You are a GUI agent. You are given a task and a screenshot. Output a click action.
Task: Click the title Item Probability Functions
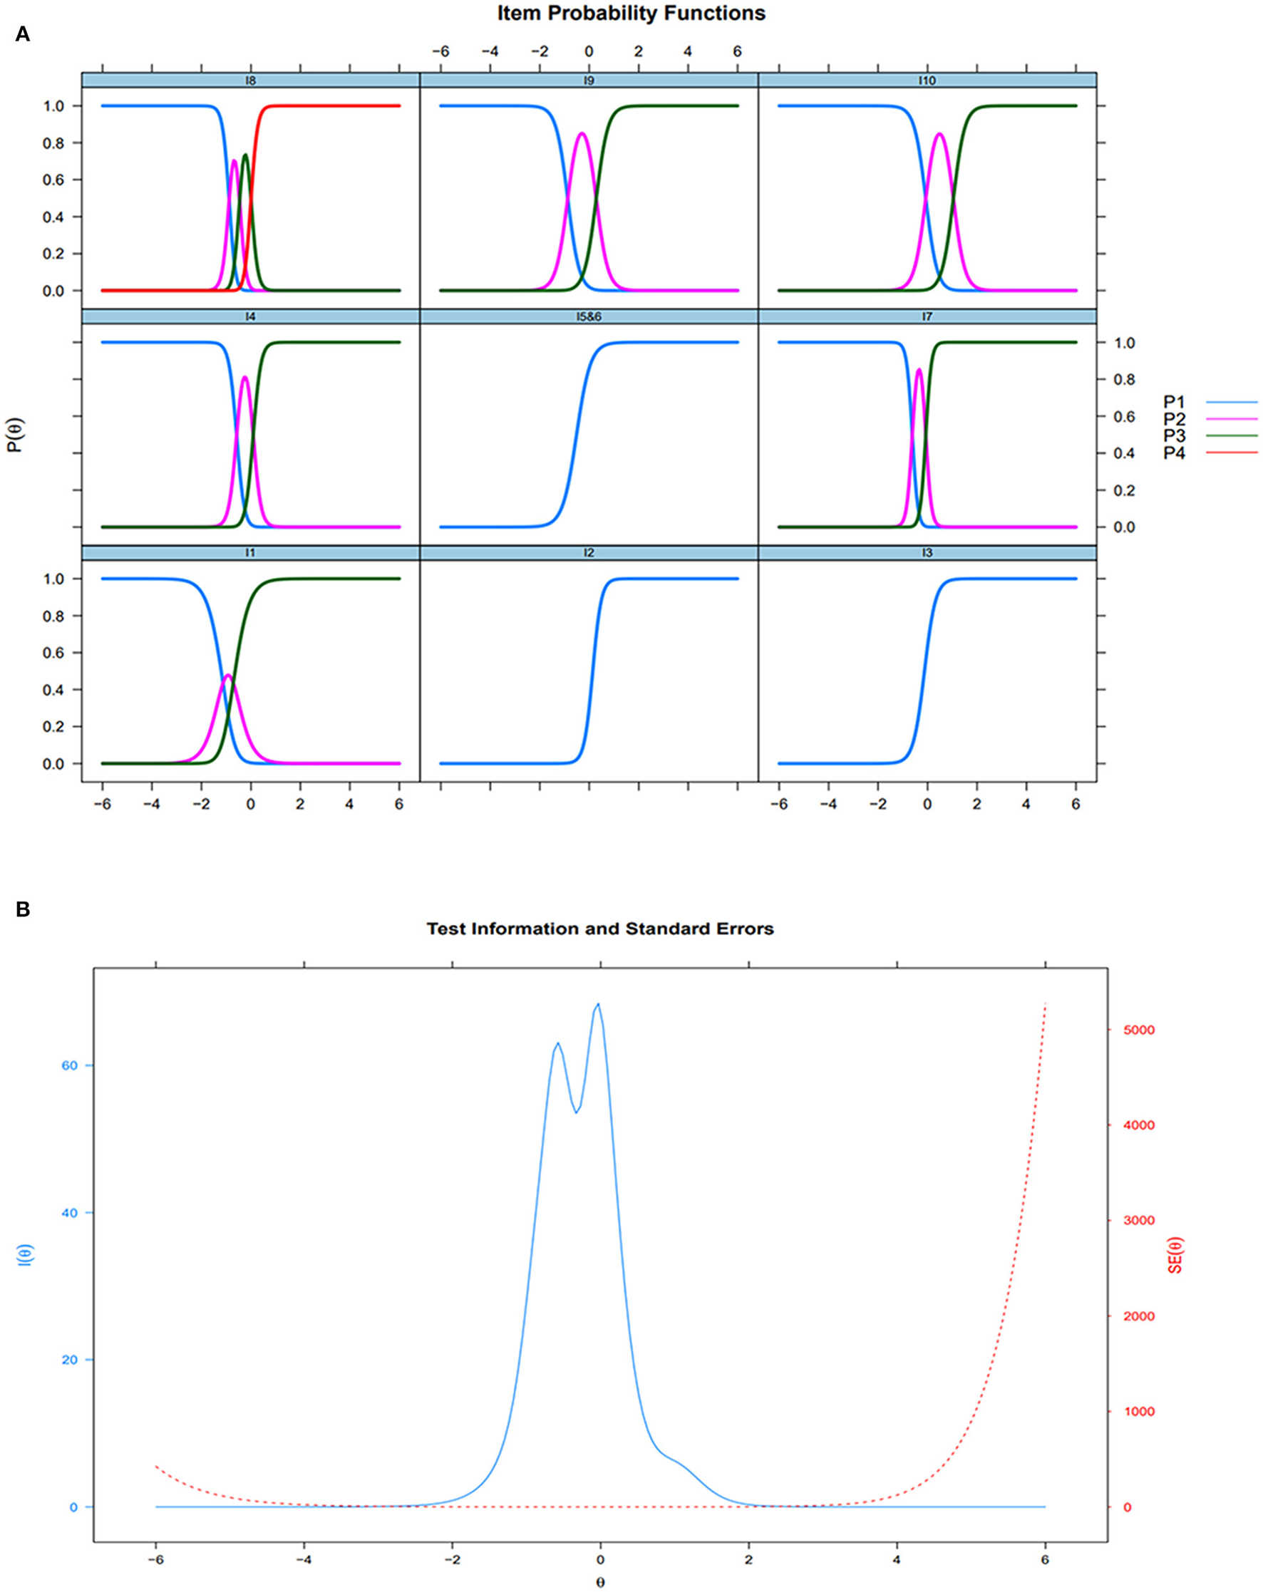click(x=631, y=14)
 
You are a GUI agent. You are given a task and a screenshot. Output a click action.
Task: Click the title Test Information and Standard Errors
click(x=599, y=929)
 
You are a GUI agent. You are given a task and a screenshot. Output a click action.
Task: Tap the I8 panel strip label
click(x=250, y=81)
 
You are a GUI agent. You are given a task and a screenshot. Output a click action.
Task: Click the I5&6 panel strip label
click(x=589, y=317)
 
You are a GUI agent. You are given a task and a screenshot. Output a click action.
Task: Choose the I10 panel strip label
click(x=927, y=81)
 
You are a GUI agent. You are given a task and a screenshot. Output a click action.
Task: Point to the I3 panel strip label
click(x=927, y=553)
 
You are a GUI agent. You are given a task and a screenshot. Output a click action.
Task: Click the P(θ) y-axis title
click(x=15, y=435)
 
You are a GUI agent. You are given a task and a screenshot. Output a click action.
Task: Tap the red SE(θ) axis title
click(x=1175, y=1256)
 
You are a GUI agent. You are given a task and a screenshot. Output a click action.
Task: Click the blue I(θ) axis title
click(x=25, y=1256)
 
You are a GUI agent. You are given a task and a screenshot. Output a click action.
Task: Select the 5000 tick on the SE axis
click(x=1138, y=1030)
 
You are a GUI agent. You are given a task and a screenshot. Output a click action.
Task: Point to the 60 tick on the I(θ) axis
click(x=69, y=1065)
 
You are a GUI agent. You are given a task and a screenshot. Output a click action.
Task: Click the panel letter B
click(x=22, y=909)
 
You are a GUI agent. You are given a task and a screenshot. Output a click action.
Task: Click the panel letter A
click(x=22, y=35)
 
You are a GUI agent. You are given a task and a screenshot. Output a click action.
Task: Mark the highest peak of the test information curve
click(x=597, y=1004)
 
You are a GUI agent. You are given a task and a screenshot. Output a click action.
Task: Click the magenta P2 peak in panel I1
click(x=227, y=675)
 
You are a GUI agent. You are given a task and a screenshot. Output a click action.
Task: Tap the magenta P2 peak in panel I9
click(x=582, y=134)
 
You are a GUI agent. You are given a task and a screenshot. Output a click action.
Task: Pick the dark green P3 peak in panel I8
click(x=245, y=155)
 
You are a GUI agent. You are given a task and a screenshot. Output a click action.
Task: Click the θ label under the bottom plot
click(x=599, y=1583)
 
